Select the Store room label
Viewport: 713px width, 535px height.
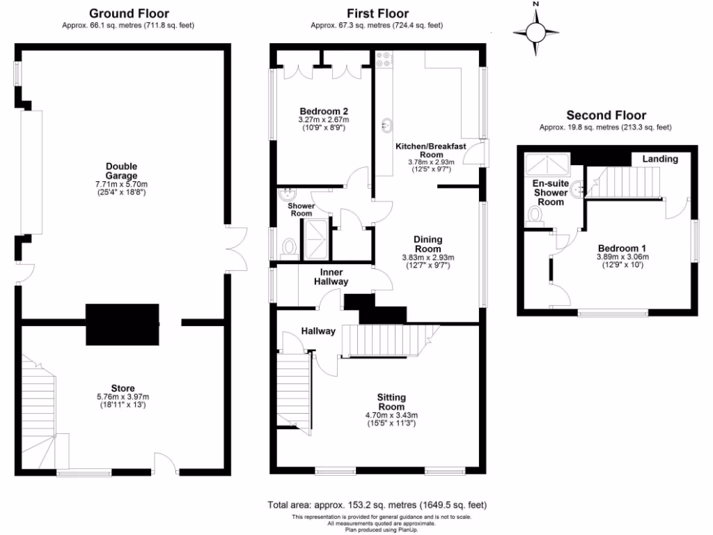pos(123,388)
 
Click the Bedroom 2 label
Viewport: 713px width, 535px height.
pos(323,111)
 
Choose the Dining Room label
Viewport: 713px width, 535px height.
pos(428,244)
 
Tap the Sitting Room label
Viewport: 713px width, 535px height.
pos(391,402)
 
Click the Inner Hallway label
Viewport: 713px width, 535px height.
pos(334,277)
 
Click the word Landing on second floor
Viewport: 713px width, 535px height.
pos(659,159)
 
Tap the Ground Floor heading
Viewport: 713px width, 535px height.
pos(129,13)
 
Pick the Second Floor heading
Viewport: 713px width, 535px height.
pos(606,116)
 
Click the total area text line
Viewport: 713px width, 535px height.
pos(377,505)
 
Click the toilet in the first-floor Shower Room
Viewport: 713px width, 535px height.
pos(290,247)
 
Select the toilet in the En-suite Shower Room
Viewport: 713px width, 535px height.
pos(537,214)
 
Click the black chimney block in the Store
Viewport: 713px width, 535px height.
pos(123,324)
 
